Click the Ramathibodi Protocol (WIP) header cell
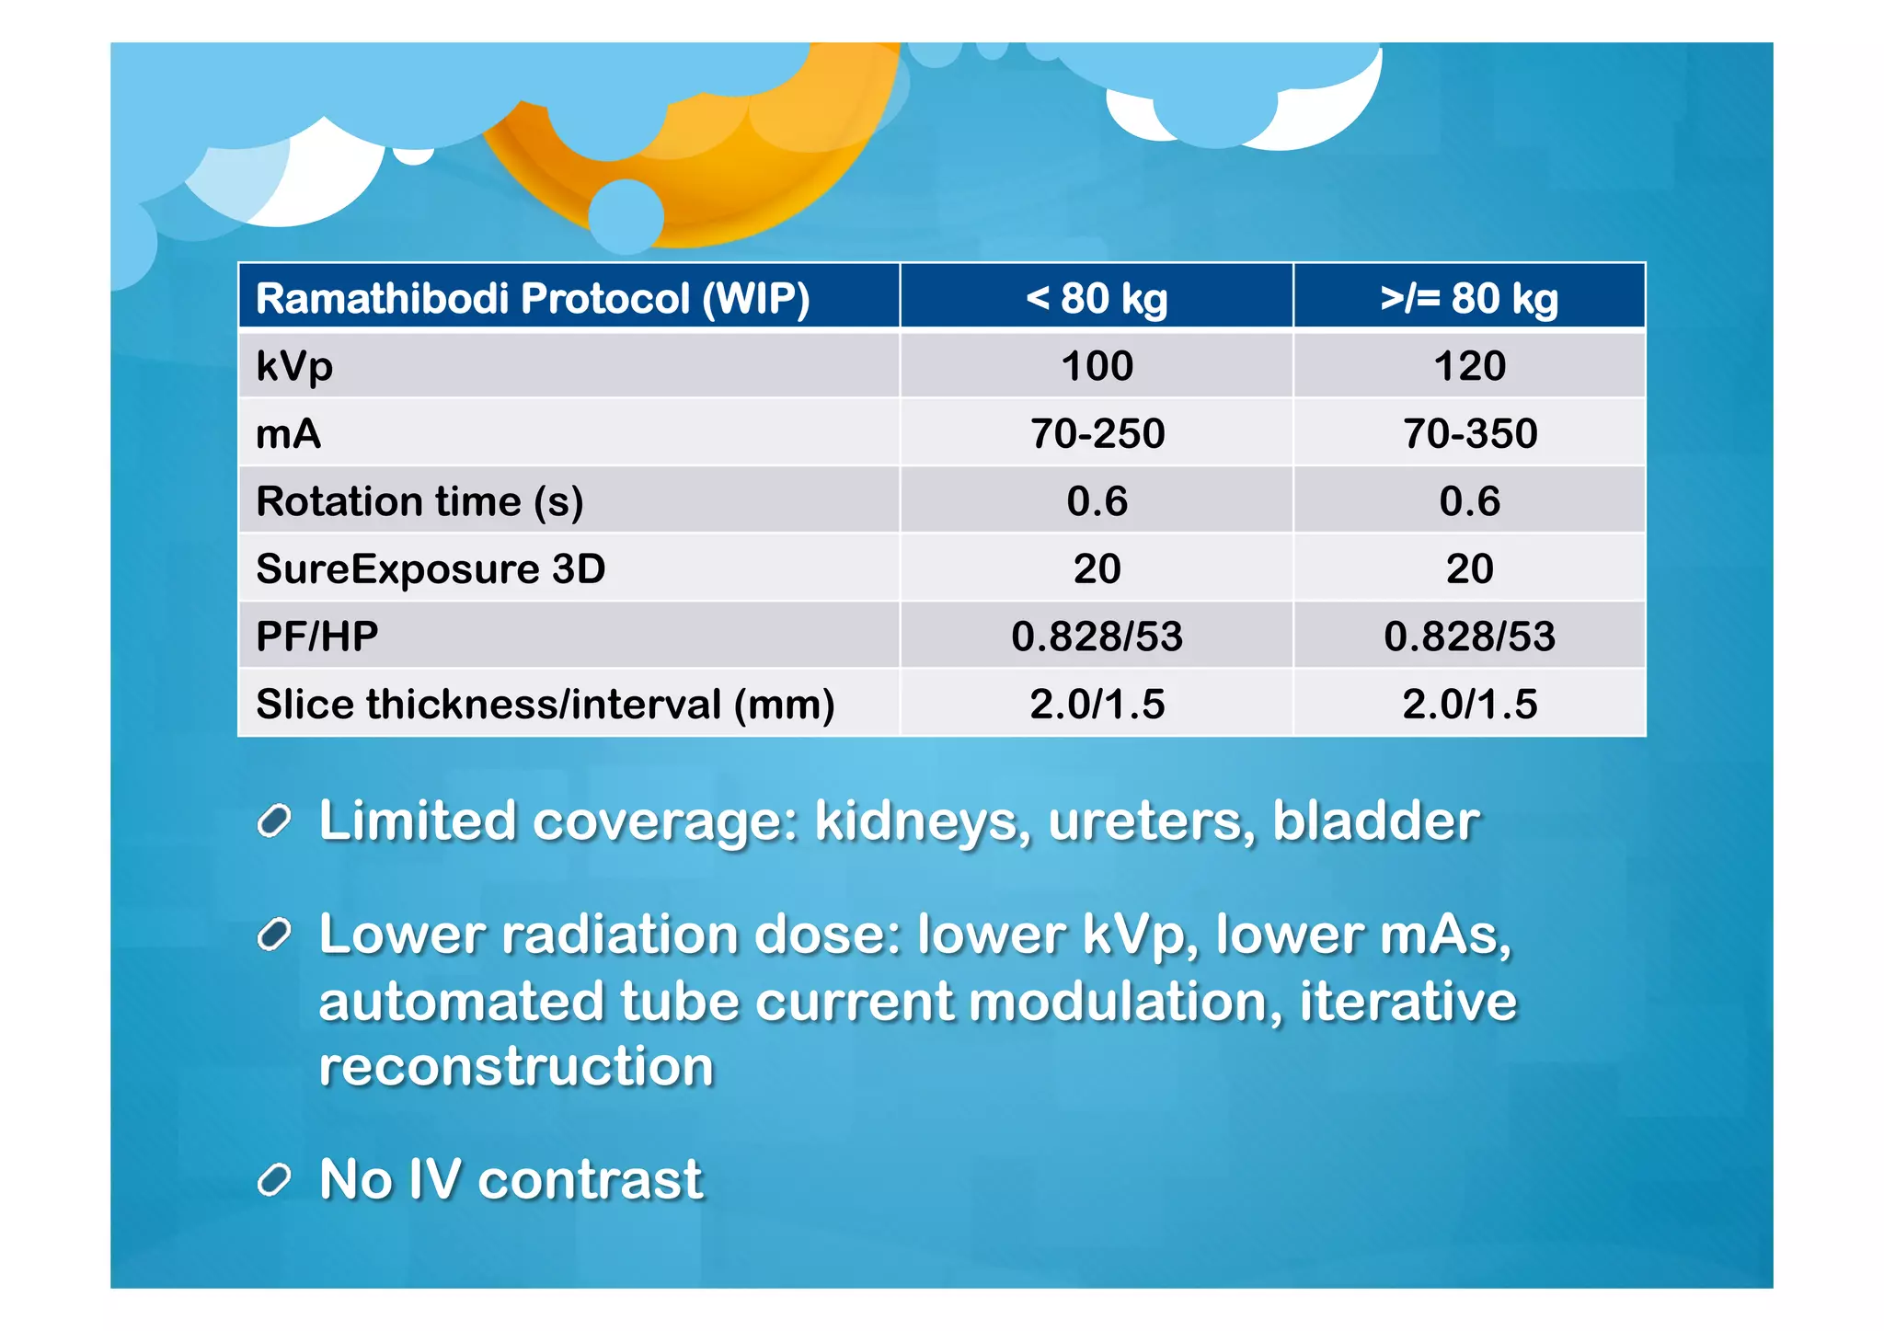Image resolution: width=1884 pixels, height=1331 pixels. point(532,298)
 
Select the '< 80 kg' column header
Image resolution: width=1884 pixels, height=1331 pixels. point(1097,298)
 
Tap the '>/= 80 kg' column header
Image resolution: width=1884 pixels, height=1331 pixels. point(1469,298)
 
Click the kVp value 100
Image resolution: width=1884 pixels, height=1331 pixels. point(1097,366)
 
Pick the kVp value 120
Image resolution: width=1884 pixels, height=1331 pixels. point(1469,366)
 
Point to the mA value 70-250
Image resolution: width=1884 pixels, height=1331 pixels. point(1097,433)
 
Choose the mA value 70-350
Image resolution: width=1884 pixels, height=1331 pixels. point(1469,433)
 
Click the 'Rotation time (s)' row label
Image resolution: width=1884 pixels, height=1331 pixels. point(419,501)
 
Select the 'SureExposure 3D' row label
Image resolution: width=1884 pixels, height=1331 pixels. point(431,568)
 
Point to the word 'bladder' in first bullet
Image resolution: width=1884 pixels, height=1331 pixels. point(1375,820)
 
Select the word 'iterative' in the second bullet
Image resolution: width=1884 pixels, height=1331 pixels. point(1407,1001)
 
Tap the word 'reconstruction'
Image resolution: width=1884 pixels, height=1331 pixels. point(516,1067)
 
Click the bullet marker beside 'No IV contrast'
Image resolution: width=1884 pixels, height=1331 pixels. point(274,1179)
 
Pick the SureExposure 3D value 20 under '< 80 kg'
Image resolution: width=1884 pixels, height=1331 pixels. point(1097,568)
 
